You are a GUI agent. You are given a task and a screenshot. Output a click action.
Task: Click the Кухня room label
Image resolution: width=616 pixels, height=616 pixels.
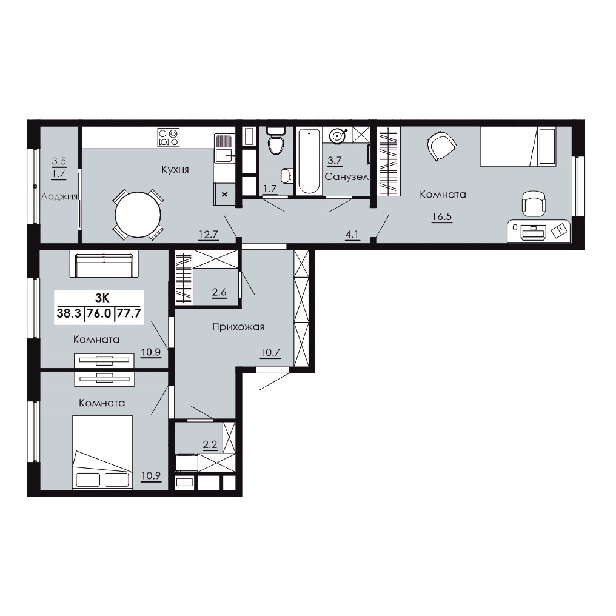(x=175, y=169)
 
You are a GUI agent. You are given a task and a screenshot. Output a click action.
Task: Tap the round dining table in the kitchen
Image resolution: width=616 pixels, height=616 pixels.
(x=138, y=215)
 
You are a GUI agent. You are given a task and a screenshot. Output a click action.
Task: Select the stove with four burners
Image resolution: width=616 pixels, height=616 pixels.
(x=169, y=138)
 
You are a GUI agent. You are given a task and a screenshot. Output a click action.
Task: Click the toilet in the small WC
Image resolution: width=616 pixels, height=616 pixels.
(x=276, y=141)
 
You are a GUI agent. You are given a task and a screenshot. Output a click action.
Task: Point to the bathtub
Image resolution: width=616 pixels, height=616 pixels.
(x=309, y=161)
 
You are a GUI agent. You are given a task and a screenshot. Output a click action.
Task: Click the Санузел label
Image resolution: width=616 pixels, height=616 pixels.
(x=347, y=177)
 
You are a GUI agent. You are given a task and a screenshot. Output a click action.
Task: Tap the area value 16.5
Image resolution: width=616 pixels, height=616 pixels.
(x=442, y=216)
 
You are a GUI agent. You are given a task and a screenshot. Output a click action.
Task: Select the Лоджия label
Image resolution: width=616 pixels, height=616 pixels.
(x=59, y=196)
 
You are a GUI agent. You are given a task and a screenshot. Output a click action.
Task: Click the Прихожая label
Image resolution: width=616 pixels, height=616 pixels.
(x=238, y=327)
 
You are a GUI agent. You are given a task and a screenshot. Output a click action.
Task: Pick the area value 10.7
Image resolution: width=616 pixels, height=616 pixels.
(x=270, y=352)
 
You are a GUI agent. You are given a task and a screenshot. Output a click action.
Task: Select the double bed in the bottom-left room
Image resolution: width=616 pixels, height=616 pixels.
(x=102, y=452)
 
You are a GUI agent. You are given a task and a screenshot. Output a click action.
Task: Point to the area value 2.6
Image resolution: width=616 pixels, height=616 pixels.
(x=219, y=292)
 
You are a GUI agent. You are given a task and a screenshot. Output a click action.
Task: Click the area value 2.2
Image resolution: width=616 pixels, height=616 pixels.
(x=210, y=444)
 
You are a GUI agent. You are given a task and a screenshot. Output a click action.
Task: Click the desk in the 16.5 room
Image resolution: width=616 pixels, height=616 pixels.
(x=538, y=230)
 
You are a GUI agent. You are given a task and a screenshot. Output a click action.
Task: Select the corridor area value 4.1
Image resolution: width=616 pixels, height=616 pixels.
(x=352, y=235)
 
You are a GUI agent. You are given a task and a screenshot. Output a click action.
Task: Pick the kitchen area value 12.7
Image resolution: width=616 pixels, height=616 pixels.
(x=208, y=235)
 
